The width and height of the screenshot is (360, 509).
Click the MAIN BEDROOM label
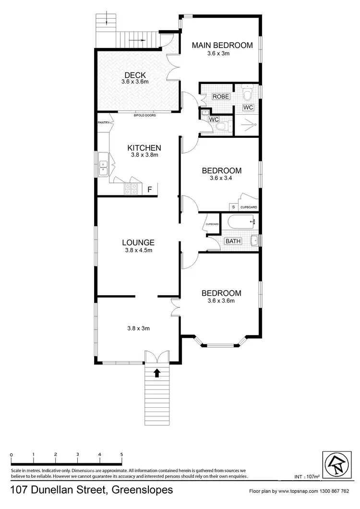click(222, 46)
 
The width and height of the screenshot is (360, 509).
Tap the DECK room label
click(135, 75)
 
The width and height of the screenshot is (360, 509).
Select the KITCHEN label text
click(144, 148)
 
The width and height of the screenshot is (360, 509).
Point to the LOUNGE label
click(138, 242)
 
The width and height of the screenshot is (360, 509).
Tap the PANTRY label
click(103, 122)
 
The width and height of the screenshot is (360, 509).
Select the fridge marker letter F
click(150, 190)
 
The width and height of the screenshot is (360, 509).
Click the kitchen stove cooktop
click(132, 189)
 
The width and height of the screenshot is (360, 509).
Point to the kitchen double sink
click(103, 166)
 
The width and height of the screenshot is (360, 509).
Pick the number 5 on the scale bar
click(122, 454)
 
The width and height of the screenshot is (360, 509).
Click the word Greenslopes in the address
click(142, 490)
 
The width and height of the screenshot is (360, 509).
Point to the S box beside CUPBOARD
click(234, 207)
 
